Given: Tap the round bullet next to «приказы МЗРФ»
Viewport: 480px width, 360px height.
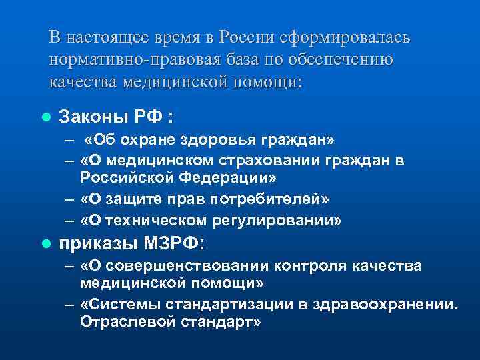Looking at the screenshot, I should [x=45, y=243].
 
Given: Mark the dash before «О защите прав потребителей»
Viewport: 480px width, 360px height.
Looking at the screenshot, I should [x=69, y=199].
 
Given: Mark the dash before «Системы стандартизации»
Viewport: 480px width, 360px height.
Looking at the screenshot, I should [x=69, y=305].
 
